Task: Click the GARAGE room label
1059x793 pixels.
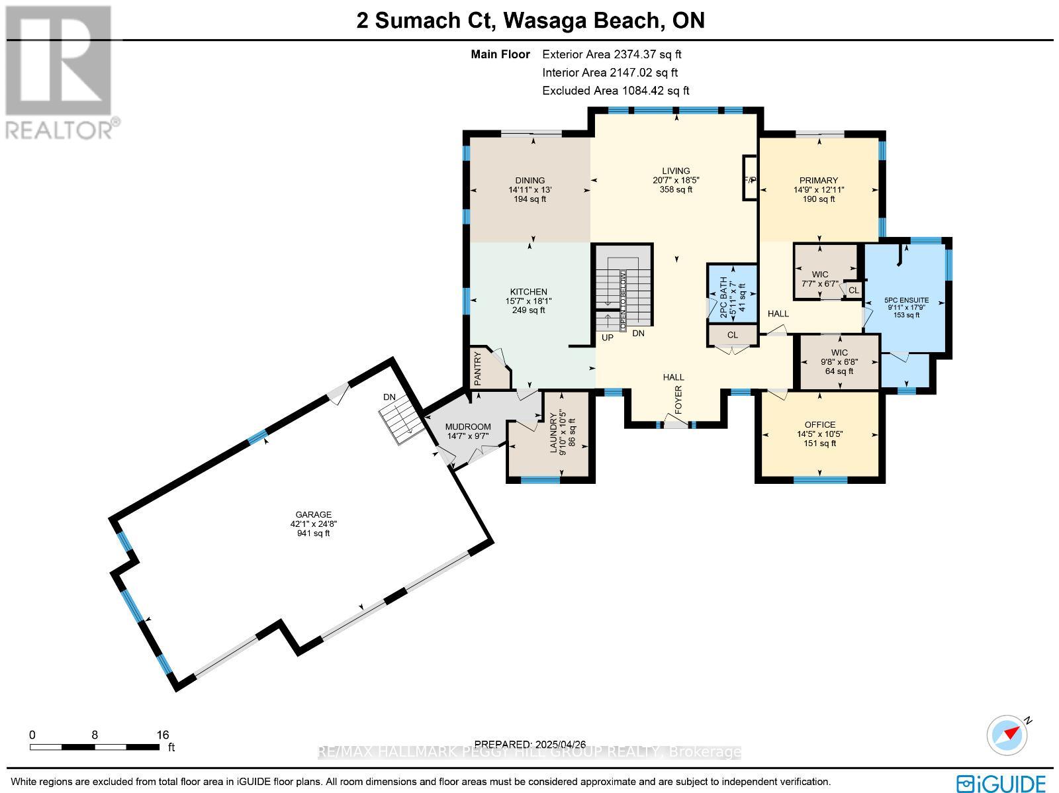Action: click(313, 514)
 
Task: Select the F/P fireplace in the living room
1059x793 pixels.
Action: click(750, 179)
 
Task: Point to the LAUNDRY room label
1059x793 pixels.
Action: click(553, 434)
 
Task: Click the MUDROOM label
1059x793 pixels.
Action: click(468, 427)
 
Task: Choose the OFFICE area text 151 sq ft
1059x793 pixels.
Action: click(819, 443)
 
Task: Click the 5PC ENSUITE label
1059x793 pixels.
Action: click(906, 300)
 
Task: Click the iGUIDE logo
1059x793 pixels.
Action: click(1002, 783)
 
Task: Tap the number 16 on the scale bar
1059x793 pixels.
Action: click(163, 735)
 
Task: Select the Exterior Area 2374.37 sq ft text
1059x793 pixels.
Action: click(612, 55)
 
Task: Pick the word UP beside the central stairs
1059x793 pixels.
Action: click(607, 338)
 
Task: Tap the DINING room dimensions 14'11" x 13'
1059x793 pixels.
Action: click(530, 190)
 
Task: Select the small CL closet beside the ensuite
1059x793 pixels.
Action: click(853, 290)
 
